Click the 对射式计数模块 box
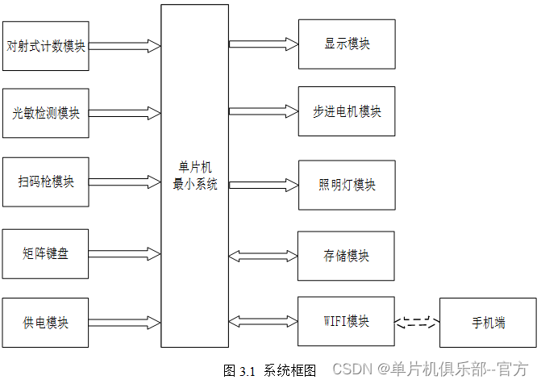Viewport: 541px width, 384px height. [x=46, y=45]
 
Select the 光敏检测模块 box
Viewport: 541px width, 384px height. [x=46, y=112]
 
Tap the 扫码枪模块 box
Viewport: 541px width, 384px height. [x=46, y=181]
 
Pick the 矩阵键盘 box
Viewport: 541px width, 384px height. [x=46, y=253]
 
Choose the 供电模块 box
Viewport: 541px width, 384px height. [x=46, y=323]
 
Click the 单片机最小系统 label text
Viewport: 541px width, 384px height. [x=195, y=176]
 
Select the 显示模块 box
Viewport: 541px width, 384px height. [x=347, y=44]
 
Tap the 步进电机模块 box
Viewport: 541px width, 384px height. [x=347, y=111]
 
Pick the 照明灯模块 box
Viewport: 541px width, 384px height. [x=347, y=185]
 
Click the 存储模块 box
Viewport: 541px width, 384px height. [x=347, y=256]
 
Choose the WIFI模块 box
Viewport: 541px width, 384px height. [x=347, y=322]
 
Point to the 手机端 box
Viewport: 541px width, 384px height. [x=488, y=323]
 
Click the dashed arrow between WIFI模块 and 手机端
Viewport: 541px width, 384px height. [x=418, y=323]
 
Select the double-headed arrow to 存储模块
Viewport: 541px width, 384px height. [x=263, y=256]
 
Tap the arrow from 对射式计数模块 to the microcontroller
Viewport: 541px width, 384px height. [x=125, y=45]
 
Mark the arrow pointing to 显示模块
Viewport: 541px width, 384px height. [x=263, y=44]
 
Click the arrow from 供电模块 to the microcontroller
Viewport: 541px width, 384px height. [x=125, y=323]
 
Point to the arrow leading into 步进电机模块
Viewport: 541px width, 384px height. [x=263, y=111]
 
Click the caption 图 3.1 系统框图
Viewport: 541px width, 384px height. [x=269, y=370]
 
